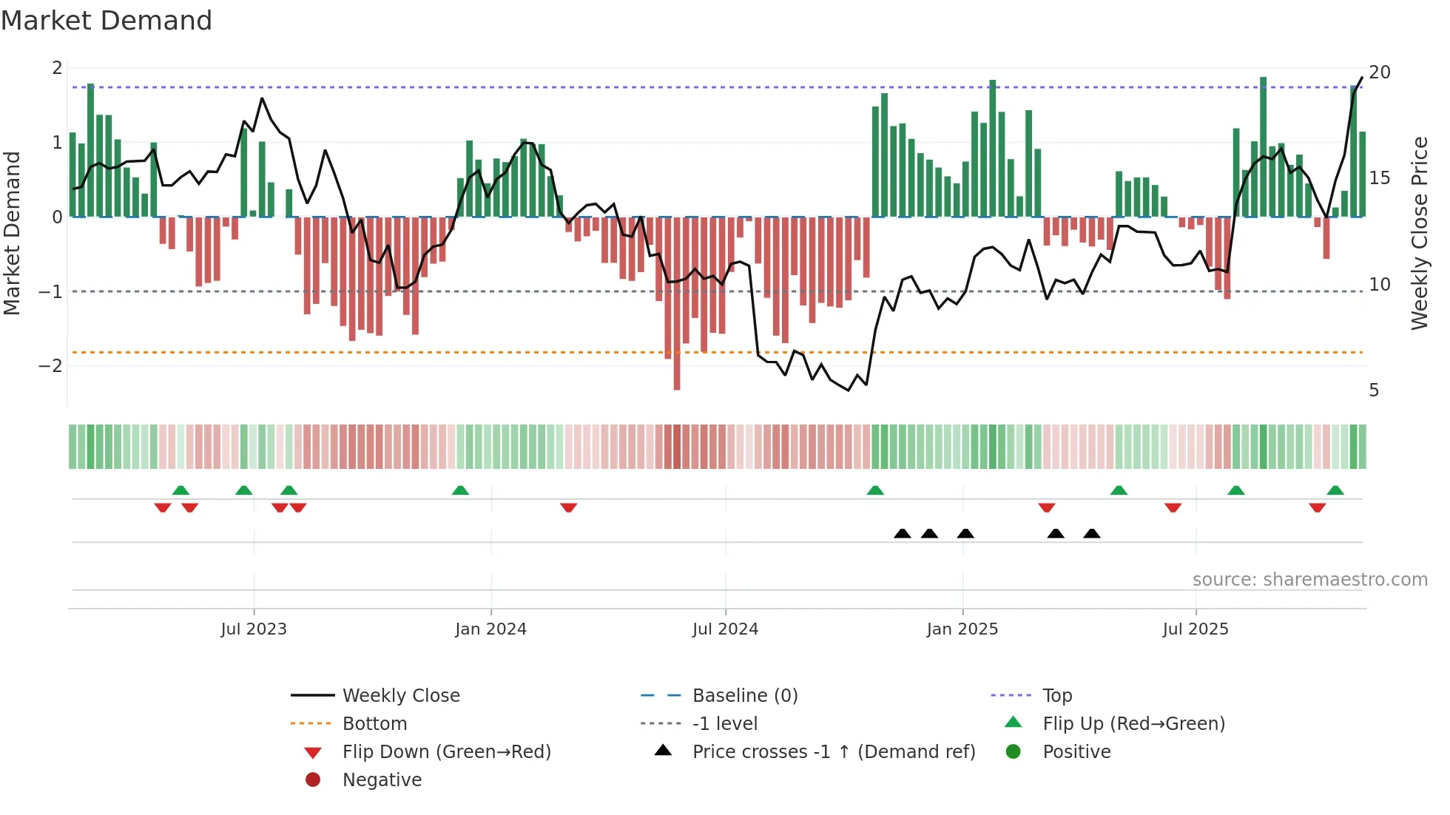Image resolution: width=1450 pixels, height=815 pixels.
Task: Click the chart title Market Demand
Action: tap(107, 20)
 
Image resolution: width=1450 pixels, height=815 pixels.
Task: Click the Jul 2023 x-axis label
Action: tap(254, 629)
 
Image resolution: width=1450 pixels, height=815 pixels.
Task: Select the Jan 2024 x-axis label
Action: tap(490, 629)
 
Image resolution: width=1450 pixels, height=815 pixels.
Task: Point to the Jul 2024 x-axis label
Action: tap(725, 629)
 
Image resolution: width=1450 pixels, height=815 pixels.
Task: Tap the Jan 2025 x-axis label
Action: tap(962, 629)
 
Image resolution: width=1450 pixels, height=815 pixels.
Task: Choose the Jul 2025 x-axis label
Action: tap(1196, 629)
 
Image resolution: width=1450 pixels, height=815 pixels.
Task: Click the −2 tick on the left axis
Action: tap(51, 366)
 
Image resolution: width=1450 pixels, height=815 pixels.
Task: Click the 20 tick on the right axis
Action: tap(1380, 72)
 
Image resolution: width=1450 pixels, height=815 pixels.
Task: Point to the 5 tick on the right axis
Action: tap(1374, 390)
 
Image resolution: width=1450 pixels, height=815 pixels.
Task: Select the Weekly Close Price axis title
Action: tap(1419, 233)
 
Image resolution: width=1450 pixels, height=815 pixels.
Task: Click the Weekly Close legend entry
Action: tap(400, 696)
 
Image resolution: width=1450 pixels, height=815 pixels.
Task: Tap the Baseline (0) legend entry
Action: tap(744, 696)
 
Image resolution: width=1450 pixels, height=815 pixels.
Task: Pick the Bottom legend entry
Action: tap(374, 724)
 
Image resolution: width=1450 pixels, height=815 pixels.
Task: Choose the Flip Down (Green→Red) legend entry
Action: tap(446, 752)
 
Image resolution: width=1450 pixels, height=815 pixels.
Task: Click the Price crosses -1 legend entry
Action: tap(833, 752)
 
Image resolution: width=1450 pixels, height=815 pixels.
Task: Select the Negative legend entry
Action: tap(382, 780)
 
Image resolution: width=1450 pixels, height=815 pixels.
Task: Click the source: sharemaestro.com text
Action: tap(1309, 580)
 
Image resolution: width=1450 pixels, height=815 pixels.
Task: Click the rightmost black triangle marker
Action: tap(1092, 533)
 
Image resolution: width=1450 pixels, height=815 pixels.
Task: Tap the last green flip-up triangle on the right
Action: tap(1335, 490)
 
